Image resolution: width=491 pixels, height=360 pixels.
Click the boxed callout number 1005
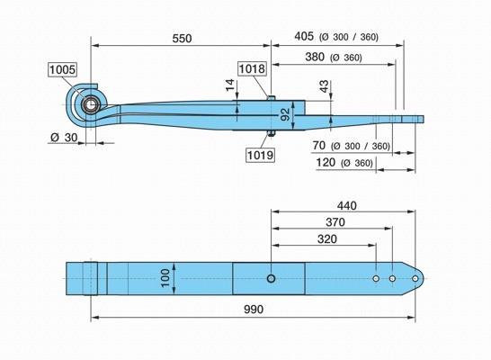pos(63,69)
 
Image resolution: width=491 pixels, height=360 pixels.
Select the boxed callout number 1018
pos(252,68)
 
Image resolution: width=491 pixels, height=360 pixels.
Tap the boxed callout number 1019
pos(260,155)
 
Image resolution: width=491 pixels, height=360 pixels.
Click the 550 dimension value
pos(182,39)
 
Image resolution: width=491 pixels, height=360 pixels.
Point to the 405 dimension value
pos(304,36)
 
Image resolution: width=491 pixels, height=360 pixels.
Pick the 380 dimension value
pos(315,57)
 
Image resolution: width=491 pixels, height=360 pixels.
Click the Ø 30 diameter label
pos(64,137)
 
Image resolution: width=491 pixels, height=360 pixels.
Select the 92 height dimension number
pos(285,114)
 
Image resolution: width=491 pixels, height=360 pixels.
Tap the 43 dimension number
pos(325,86)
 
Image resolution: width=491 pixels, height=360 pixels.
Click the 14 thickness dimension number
pos(230,85)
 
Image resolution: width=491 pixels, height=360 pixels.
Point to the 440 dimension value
pos(346,206)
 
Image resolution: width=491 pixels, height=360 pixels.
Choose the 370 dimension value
pos(335,222)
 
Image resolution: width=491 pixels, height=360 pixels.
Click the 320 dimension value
pos(327,239)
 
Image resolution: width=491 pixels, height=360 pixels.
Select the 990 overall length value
pos(254,310)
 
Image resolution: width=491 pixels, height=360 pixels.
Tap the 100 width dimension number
pos(165,278)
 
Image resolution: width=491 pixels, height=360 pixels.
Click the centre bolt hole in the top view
pos(272,278)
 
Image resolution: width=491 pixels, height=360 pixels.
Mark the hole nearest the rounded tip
pos(415,278)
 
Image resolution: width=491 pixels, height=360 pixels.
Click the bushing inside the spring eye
pos(91,105)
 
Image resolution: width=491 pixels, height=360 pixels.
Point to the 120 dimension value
pos(326,163)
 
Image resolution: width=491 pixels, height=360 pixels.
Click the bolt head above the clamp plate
pos(272,98)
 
